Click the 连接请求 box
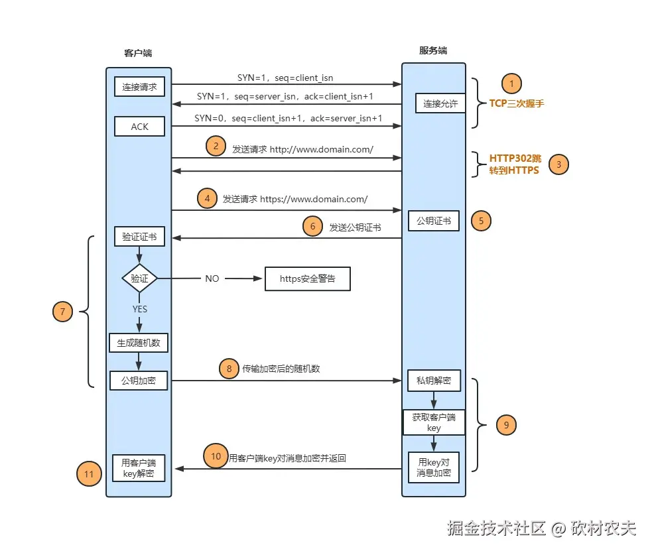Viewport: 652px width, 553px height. pyautogui.click(x=139, y=87)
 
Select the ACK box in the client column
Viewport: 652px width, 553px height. pyautogui.click(x=139, y=126)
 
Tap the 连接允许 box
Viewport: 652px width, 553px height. pyautogui.click(x=441, y=103)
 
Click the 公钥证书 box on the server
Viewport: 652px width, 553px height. pyautogui.click(x=434, y=221)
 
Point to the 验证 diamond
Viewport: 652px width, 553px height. pyautogui.click(x=139, y=278)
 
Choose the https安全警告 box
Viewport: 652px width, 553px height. pyautogui.click(x=307, y=278)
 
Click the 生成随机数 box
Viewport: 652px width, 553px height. pyautogui.click(x=139, y=342)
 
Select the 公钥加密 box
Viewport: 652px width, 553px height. pyautogui.click(x=139, y=380)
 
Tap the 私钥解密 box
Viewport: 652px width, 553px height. pyautogui.click(x=434, y=380)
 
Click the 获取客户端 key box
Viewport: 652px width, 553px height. pyautogui.click(x=434, y=422)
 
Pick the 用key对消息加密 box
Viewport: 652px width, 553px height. pyautogui.click(x=434, y=467)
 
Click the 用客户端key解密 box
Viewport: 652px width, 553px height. pyautogui.click(x=139, y=467)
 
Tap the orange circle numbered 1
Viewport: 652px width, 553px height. pyautogui.click(x=511, y=84)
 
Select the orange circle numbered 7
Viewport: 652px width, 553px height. pyautogui.click(x=62, y=311)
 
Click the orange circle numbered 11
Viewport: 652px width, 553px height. pyautogui.click(x=89, y=473)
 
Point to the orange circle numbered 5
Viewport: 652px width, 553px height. pyautogui.click(x=481, y=221)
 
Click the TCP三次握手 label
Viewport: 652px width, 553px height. pyautogui.click(x=517, y=103)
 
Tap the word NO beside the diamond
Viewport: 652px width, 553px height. pyautogui.click(x=212, y=278)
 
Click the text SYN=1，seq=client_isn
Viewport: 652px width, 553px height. pyautogui.click(x=285, y=78)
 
